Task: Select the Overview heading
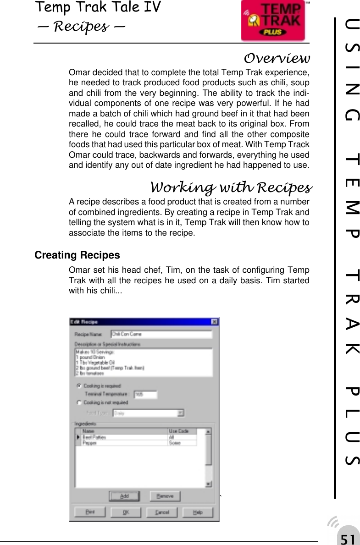pyautogui.click(x=277, y=59)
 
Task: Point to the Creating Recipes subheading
pyautogui.click(x=77, y=255)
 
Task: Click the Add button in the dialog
pyautogui.click(x=124, y=496)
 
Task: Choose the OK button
pyautogui.click(x=125, y=512)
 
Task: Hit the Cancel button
pyautogui.click(x=162, y=512)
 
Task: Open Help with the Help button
pyautogui.click(x=197, y=512)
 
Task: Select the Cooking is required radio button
pyautogui.click(x=79, y=386)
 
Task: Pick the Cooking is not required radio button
pyautogui.click(x=79, y=402)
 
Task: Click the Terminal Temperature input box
pyautogui.click(x=145, y=394)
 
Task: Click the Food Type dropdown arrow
pyautogui.click(x=181, y=413)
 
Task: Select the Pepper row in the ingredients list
pyautogui.click(x=124, y=443)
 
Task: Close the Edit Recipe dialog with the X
pyautogui.click(x=214, y=322)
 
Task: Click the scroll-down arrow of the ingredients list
pyautogui.click(x=208, y=484)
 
